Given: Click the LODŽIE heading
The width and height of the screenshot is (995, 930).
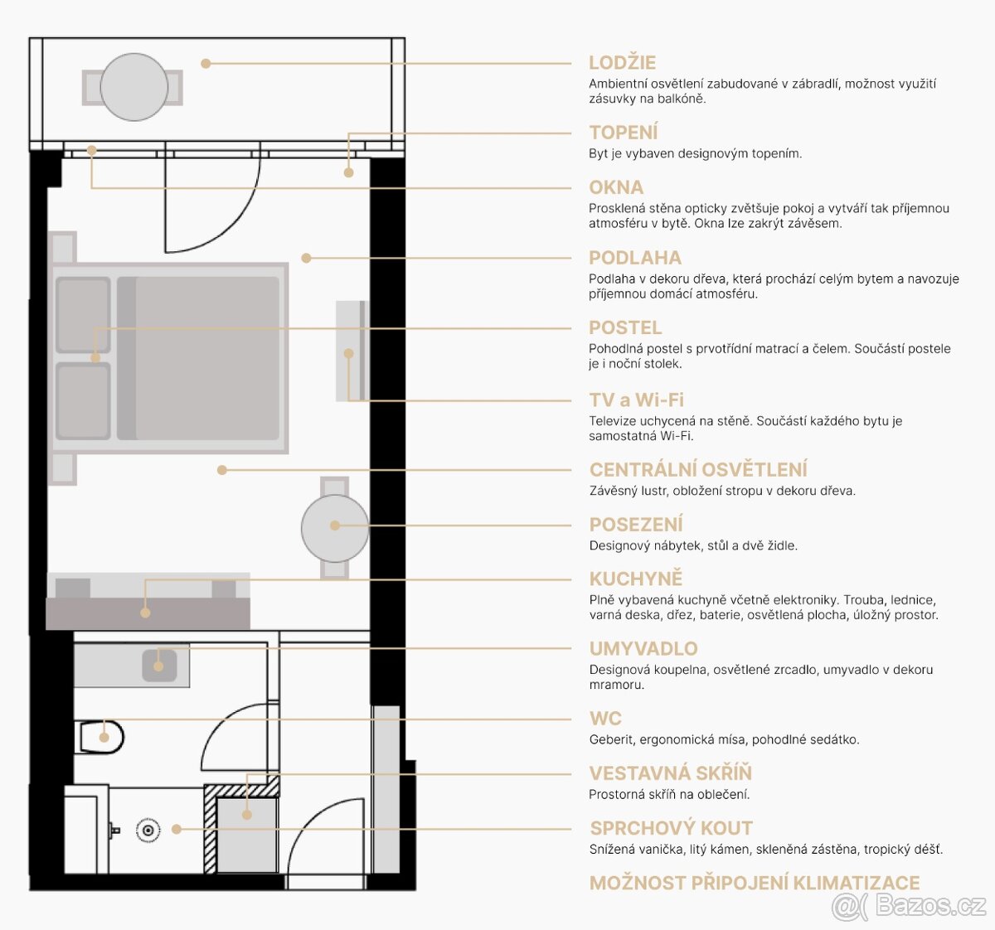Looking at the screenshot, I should (x=622, y=63).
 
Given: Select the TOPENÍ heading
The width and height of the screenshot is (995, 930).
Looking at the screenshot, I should (x=624, y=133).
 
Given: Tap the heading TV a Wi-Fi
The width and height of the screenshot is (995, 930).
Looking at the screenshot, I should (x=636, y=400).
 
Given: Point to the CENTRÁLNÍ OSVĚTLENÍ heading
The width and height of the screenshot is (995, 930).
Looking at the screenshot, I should (x=697, y=470).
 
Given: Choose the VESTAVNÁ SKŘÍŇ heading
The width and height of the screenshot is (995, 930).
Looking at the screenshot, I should (x=670, y=773).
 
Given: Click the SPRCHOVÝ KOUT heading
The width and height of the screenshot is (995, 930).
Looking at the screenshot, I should (x=671, y=828).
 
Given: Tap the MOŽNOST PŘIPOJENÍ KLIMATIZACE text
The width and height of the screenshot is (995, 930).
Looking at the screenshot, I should (x=755, y=883).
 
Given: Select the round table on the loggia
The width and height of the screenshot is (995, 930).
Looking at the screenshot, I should (x=133, y=87).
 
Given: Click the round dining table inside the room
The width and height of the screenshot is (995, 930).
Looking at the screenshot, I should (x=334, y=528).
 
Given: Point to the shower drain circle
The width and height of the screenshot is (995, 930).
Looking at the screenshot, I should (x=148, y=830).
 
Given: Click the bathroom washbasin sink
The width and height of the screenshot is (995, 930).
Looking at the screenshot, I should (x=158, y=665).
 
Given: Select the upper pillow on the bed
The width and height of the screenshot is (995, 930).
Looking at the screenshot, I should (x=83, y=315).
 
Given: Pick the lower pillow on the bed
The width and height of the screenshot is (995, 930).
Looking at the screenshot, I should (x=83, y=401).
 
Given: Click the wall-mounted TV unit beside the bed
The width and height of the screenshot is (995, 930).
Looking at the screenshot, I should (x=350, y=351).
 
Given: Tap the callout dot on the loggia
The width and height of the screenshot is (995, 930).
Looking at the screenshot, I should (x=206, y=63).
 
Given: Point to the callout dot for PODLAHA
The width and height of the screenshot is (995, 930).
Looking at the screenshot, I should (x=306, y=258).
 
